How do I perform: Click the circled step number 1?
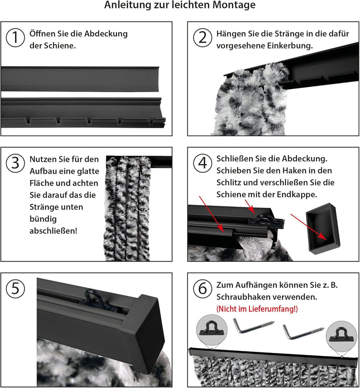(15, 38)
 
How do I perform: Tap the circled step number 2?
(202, 38)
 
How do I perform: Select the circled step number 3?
(15, 163)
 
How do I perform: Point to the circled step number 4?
(202, 163)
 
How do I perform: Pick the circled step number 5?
(15, 288)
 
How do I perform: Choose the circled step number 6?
(202, 288)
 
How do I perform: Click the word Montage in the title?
(233, 5)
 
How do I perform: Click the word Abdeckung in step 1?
(106, 34)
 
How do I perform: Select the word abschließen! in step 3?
(53, 231)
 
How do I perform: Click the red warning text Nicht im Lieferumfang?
(257, 309)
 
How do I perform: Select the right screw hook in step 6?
(303, 332)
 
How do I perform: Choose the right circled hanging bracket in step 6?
(341, 336)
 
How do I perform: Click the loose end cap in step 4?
(323, 229)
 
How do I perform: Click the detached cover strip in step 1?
(80, 79)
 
